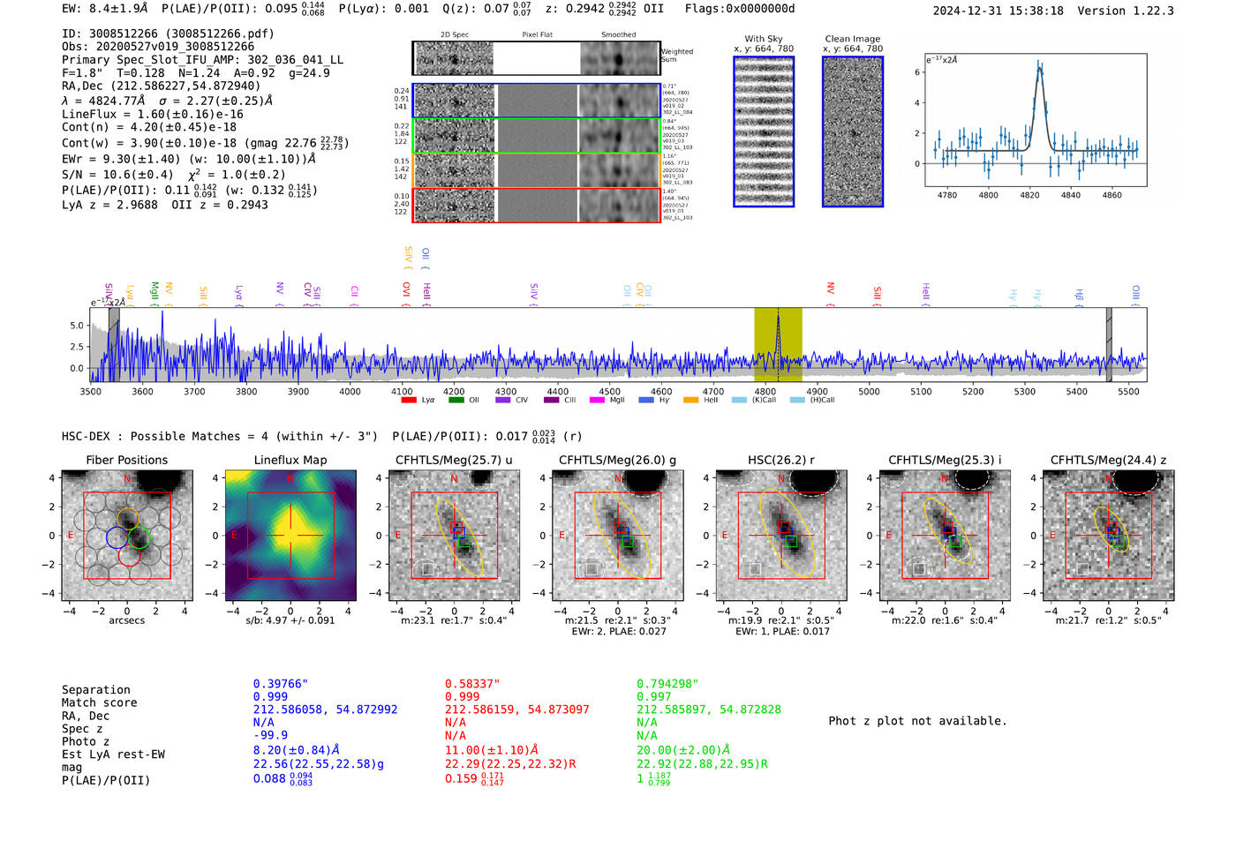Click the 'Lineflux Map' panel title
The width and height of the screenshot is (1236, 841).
290,460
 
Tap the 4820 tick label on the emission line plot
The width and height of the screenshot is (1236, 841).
1029,195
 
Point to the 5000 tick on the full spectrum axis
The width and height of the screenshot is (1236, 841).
869,391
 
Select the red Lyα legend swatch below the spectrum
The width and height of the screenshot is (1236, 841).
409,400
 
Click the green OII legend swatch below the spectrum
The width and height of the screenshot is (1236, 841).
456,400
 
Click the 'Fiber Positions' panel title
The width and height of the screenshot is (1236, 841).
126,460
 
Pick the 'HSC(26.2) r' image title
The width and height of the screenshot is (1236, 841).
780,460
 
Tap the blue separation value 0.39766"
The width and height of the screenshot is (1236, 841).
280,684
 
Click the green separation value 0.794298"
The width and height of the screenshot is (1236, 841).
667,684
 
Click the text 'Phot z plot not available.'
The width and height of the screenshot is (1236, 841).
917,721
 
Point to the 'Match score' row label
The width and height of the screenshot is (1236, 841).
99,702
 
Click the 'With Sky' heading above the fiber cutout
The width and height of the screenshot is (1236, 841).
763,39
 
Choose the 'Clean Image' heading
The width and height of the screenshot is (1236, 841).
852,39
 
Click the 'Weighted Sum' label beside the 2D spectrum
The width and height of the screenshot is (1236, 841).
677,56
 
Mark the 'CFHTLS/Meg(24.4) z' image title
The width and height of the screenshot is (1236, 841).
1108,460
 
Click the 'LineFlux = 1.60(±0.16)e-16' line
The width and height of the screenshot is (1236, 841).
152,114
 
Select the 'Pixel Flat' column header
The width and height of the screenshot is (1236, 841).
537,34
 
